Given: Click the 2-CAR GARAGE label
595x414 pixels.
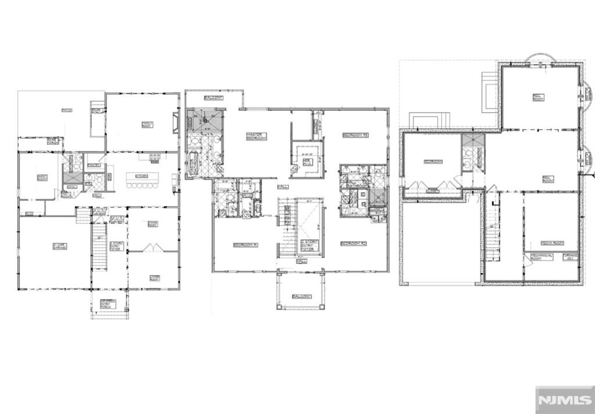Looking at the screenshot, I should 58,246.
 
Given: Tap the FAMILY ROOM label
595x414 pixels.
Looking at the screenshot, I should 147,124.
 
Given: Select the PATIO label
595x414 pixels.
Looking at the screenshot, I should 67,110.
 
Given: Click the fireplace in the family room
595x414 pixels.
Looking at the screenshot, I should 175,123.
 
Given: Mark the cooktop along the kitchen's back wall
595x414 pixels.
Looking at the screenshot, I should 155,157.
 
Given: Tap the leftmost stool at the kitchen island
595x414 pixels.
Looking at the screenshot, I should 130,186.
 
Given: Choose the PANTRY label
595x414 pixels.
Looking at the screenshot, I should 94,165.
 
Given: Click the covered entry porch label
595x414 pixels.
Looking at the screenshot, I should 109,302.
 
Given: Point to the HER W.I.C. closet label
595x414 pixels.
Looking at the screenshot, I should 307,160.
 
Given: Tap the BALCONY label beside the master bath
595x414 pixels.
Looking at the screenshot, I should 213,98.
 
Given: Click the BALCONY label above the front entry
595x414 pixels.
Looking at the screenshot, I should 302,296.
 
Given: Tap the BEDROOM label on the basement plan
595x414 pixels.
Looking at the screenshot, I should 433,161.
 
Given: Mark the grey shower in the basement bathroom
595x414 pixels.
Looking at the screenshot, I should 472,140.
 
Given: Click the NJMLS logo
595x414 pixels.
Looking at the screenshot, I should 563,400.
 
